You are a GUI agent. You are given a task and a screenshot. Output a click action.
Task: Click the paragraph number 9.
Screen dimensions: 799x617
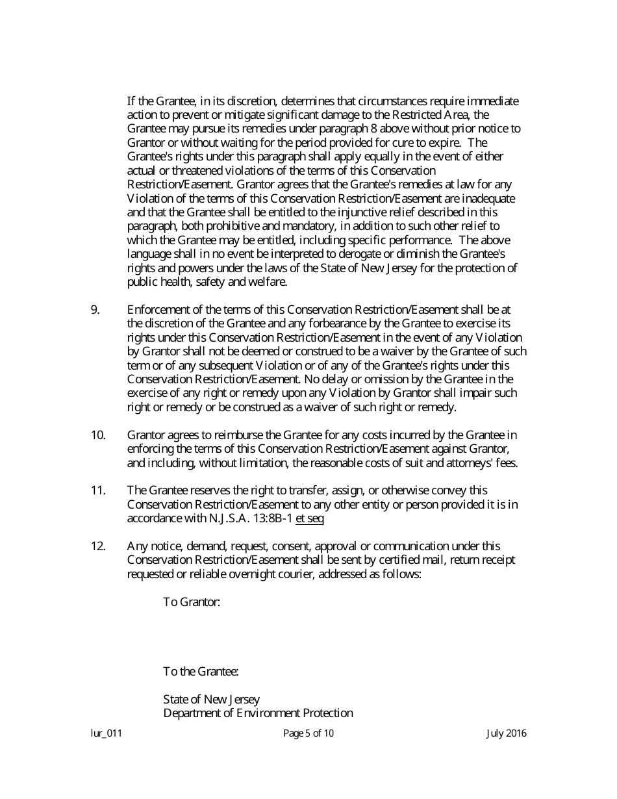95,310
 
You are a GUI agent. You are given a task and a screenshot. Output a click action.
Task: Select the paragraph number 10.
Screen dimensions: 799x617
97,435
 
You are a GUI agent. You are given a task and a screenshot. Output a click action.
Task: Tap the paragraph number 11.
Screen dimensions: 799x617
97,490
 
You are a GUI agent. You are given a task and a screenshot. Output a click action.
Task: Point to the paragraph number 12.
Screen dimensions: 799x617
97,546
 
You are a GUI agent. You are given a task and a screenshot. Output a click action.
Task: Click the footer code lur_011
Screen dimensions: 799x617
106,733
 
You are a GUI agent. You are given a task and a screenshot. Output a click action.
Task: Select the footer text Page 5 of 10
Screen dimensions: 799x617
308,733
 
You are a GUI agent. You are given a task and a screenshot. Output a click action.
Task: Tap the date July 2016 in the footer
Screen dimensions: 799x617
506,733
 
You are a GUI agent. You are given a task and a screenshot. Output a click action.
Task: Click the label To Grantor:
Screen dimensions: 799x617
192,602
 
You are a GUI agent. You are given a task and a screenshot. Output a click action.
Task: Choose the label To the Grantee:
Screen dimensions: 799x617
201,671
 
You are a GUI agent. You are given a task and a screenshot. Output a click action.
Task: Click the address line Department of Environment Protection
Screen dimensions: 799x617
258,713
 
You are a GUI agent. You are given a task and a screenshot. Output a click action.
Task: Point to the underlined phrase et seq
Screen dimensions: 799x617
309,518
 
